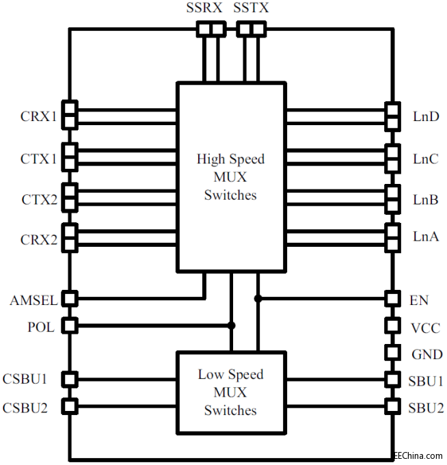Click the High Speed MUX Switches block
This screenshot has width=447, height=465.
tap(230, 176)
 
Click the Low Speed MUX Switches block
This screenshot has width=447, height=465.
tap(230, 392)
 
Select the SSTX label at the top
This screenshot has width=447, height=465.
tap(251, 9)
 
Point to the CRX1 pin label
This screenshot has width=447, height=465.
tap(38, 116)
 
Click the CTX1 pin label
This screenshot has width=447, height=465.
tap(38, 159)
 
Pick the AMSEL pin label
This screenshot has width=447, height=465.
tap(33, 300)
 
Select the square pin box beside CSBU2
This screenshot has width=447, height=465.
tap(69, 407)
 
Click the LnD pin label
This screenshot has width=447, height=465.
tap(426, 116)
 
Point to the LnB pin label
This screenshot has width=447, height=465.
tap(426, 199)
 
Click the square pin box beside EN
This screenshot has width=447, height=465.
tap(392, 299)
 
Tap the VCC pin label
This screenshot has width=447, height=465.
tap(424, 328)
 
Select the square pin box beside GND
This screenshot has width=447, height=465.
tap(392, 353)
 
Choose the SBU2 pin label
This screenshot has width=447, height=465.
tap(426, 408)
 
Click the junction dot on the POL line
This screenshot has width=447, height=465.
tap(232, 325)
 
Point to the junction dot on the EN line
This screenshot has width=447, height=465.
tap(258, 299)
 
